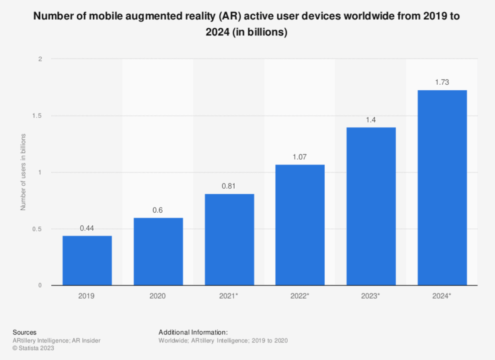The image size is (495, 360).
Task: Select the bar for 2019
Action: (x=87, y=260)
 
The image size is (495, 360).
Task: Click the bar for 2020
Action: (x=158, y=251)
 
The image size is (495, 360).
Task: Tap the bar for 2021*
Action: (x=229, y=239)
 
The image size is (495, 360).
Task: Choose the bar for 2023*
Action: (x=371, y=206)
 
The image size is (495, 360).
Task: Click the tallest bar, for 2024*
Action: (x=442, y=188)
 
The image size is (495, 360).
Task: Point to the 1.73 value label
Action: (x=442, y=82)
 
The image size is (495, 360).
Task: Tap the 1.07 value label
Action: (x=300, y=157)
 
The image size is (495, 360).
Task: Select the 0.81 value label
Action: (x=229, y=186)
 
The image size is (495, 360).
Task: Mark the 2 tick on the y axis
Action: (x=40, y=59)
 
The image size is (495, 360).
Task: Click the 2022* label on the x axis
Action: (x=300, y=296)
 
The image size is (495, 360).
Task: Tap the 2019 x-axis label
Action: (x=87, y=296)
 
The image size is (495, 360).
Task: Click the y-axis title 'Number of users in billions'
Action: (x=23, y=172)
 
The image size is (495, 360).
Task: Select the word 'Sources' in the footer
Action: (x=24, y=332)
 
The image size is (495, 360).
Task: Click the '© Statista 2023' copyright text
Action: (x=33, y=348)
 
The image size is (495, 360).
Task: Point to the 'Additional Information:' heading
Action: (x=193, y=332)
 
